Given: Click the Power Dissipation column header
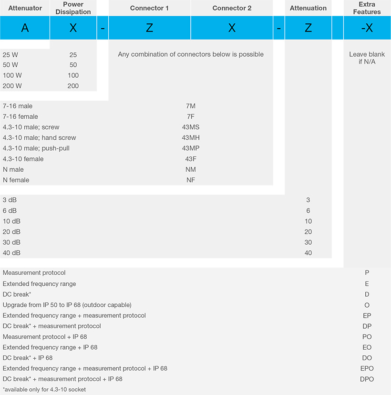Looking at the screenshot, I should pyautogui.click(x=73, y=8).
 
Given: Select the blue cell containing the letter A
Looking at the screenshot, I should pyautogui.click(x=25, y=28).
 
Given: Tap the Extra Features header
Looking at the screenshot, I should pyautogui.click(x=367, y=8).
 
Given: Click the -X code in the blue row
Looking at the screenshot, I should pyautogui.click(x=367, y=28).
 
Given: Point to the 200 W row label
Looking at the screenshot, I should pyautogui.click(x=12, y=86).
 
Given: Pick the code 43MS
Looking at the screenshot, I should pyautogui.click(x=191, y=127).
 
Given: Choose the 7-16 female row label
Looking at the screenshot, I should pyautogui.click(x=21, y=116).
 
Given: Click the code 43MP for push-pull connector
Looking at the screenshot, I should pyautogui.click(x=191, y=148).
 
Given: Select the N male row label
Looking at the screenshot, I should pyautogui.click(x=13, y=169).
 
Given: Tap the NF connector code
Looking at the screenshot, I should pyautogui.click(x=191, y=180).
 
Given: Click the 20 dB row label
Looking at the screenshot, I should pyautogui.click(x=11, y=232).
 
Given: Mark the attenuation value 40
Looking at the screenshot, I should pyautogui.click(x=308, y=253).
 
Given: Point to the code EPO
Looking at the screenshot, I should pyautogui.click(x=367, y=368).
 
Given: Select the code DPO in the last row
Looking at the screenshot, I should pyautogui.click(x=367, y=379).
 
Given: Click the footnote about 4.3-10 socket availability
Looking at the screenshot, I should pyautogui.click(x=44, y=389).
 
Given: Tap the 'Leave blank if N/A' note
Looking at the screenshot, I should pyautogui.click(x=367, y=58).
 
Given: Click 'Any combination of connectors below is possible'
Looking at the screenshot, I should pyautogui.click(x=191, y=54).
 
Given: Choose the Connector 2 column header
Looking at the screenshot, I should pyautogui.click(x=232, y=8).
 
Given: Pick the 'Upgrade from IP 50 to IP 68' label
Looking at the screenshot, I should pyautogui.click(x=67, y=305).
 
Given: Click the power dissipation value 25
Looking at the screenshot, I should pyautogui.click(x=73, y=55).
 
